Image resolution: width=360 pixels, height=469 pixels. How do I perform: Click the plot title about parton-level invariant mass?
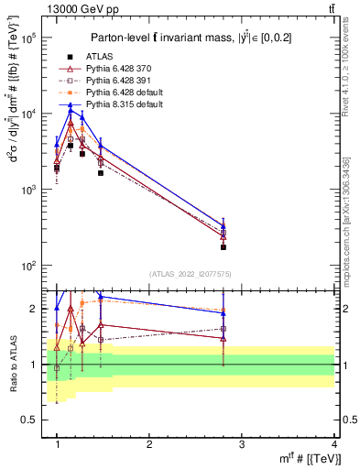point(192,38)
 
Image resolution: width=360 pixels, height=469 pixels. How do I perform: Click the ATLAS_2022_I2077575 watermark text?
point(191,273)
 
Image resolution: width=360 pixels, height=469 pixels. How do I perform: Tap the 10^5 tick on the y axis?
point(32,38)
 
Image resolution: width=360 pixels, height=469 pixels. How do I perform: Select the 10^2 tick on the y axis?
point(32,266)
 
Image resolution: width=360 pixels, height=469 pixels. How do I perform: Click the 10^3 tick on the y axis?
point(32,190)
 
